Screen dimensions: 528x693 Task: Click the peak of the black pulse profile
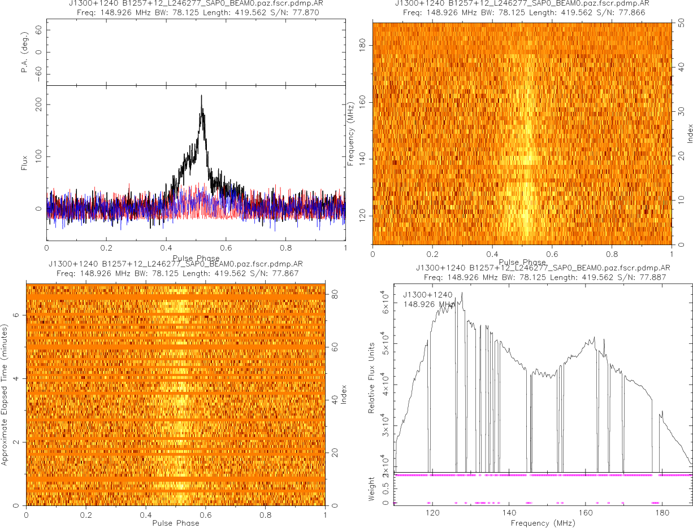[201, 95]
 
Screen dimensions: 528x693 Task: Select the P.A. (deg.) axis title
[25, 53]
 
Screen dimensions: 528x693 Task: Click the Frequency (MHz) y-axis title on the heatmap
[351, 133]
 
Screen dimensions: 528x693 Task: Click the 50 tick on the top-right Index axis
[682, 24]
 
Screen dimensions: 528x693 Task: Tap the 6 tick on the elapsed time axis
[16, 316]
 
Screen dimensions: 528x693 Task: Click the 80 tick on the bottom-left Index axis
[335, 294]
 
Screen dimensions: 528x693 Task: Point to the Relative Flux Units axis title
[372, 377]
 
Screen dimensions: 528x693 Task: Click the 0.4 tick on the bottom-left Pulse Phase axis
[146, 515]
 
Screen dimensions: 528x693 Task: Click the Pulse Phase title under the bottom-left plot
[175, 523]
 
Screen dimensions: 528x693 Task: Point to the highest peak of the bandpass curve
[462, 293]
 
